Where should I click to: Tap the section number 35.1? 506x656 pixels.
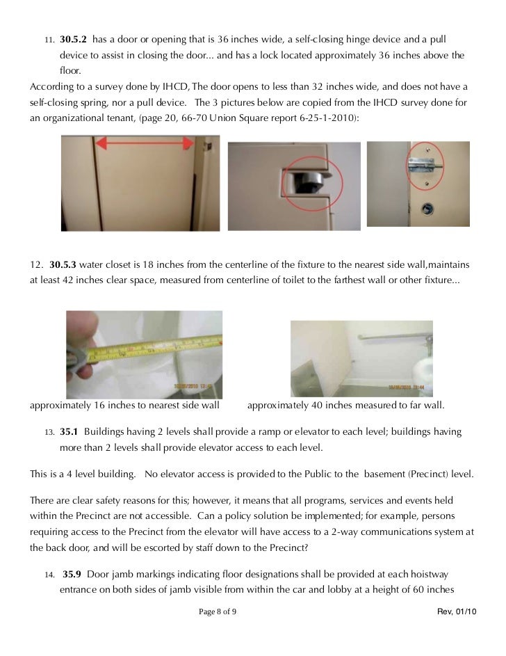(70, 432)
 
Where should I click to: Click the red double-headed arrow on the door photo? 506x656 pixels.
(144, 143)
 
